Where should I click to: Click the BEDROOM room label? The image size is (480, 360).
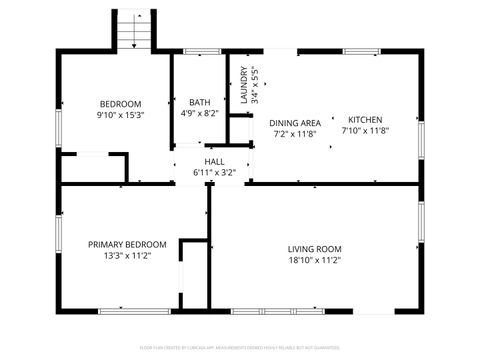coord(120,104)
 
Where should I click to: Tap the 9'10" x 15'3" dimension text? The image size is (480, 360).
coord(120,116)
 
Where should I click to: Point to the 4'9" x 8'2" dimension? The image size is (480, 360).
coord(198,113)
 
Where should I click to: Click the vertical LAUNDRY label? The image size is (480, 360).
coord(243,86)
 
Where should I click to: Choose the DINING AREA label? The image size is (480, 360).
coord(295,122)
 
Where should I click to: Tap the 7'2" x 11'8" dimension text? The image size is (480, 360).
coord(295,133)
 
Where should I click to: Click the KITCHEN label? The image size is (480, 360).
coord(364,118)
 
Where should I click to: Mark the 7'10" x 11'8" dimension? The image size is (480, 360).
coord(364,129)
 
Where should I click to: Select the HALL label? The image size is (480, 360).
coord(214,162)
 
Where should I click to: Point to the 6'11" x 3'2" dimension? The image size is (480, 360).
coord(214,173)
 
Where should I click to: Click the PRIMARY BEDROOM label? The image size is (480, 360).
coord(127,244)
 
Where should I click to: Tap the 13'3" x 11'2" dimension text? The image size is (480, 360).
coord(127,256)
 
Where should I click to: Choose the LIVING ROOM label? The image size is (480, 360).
coord(315,249)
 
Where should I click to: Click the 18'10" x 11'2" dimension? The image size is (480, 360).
coord(315,261)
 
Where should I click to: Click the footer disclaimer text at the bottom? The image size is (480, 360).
coord(240,349)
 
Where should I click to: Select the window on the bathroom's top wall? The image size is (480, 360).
coord(203,51)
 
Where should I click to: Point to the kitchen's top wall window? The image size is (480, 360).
coord(362,51)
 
